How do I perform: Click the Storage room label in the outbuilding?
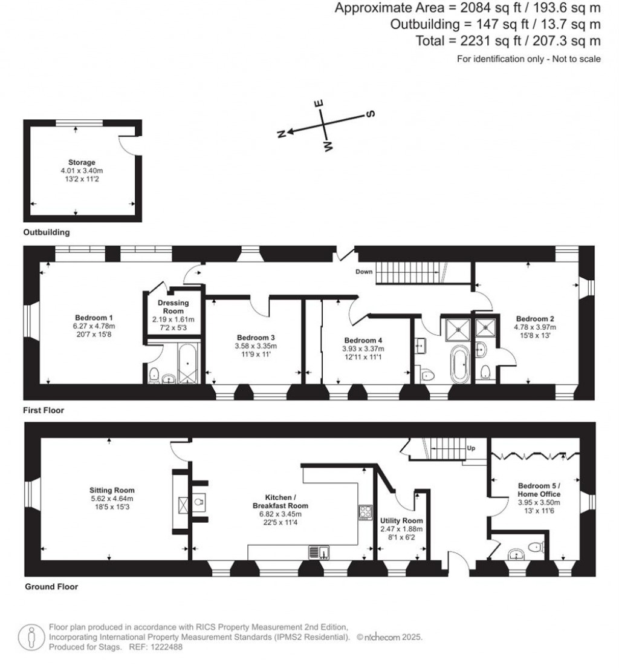82,162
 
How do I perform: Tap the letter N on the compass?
281,134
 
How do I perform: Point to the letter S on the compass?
371,114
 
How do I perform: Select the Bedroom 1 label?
94,318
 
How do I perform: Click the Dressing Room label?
173,307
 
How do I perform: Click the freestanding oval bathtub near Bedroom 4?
459,364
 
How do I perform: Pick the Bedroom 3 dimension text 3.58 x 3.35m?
256,346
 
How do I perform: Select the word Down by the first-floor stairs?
364,272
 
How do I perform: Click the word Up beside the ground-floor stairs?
472,448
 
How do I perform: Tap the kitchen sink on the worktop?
319,552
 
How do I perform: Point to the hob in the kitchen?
366,512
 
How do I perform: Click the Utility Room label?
401,520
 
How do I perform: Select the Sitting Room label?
112,490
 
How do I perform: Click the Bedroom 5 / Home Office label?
539,490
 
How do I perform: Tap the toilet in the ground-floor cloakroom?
535,546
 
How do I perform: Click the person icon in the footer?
31,638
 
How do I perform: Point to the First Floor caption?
44,410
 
